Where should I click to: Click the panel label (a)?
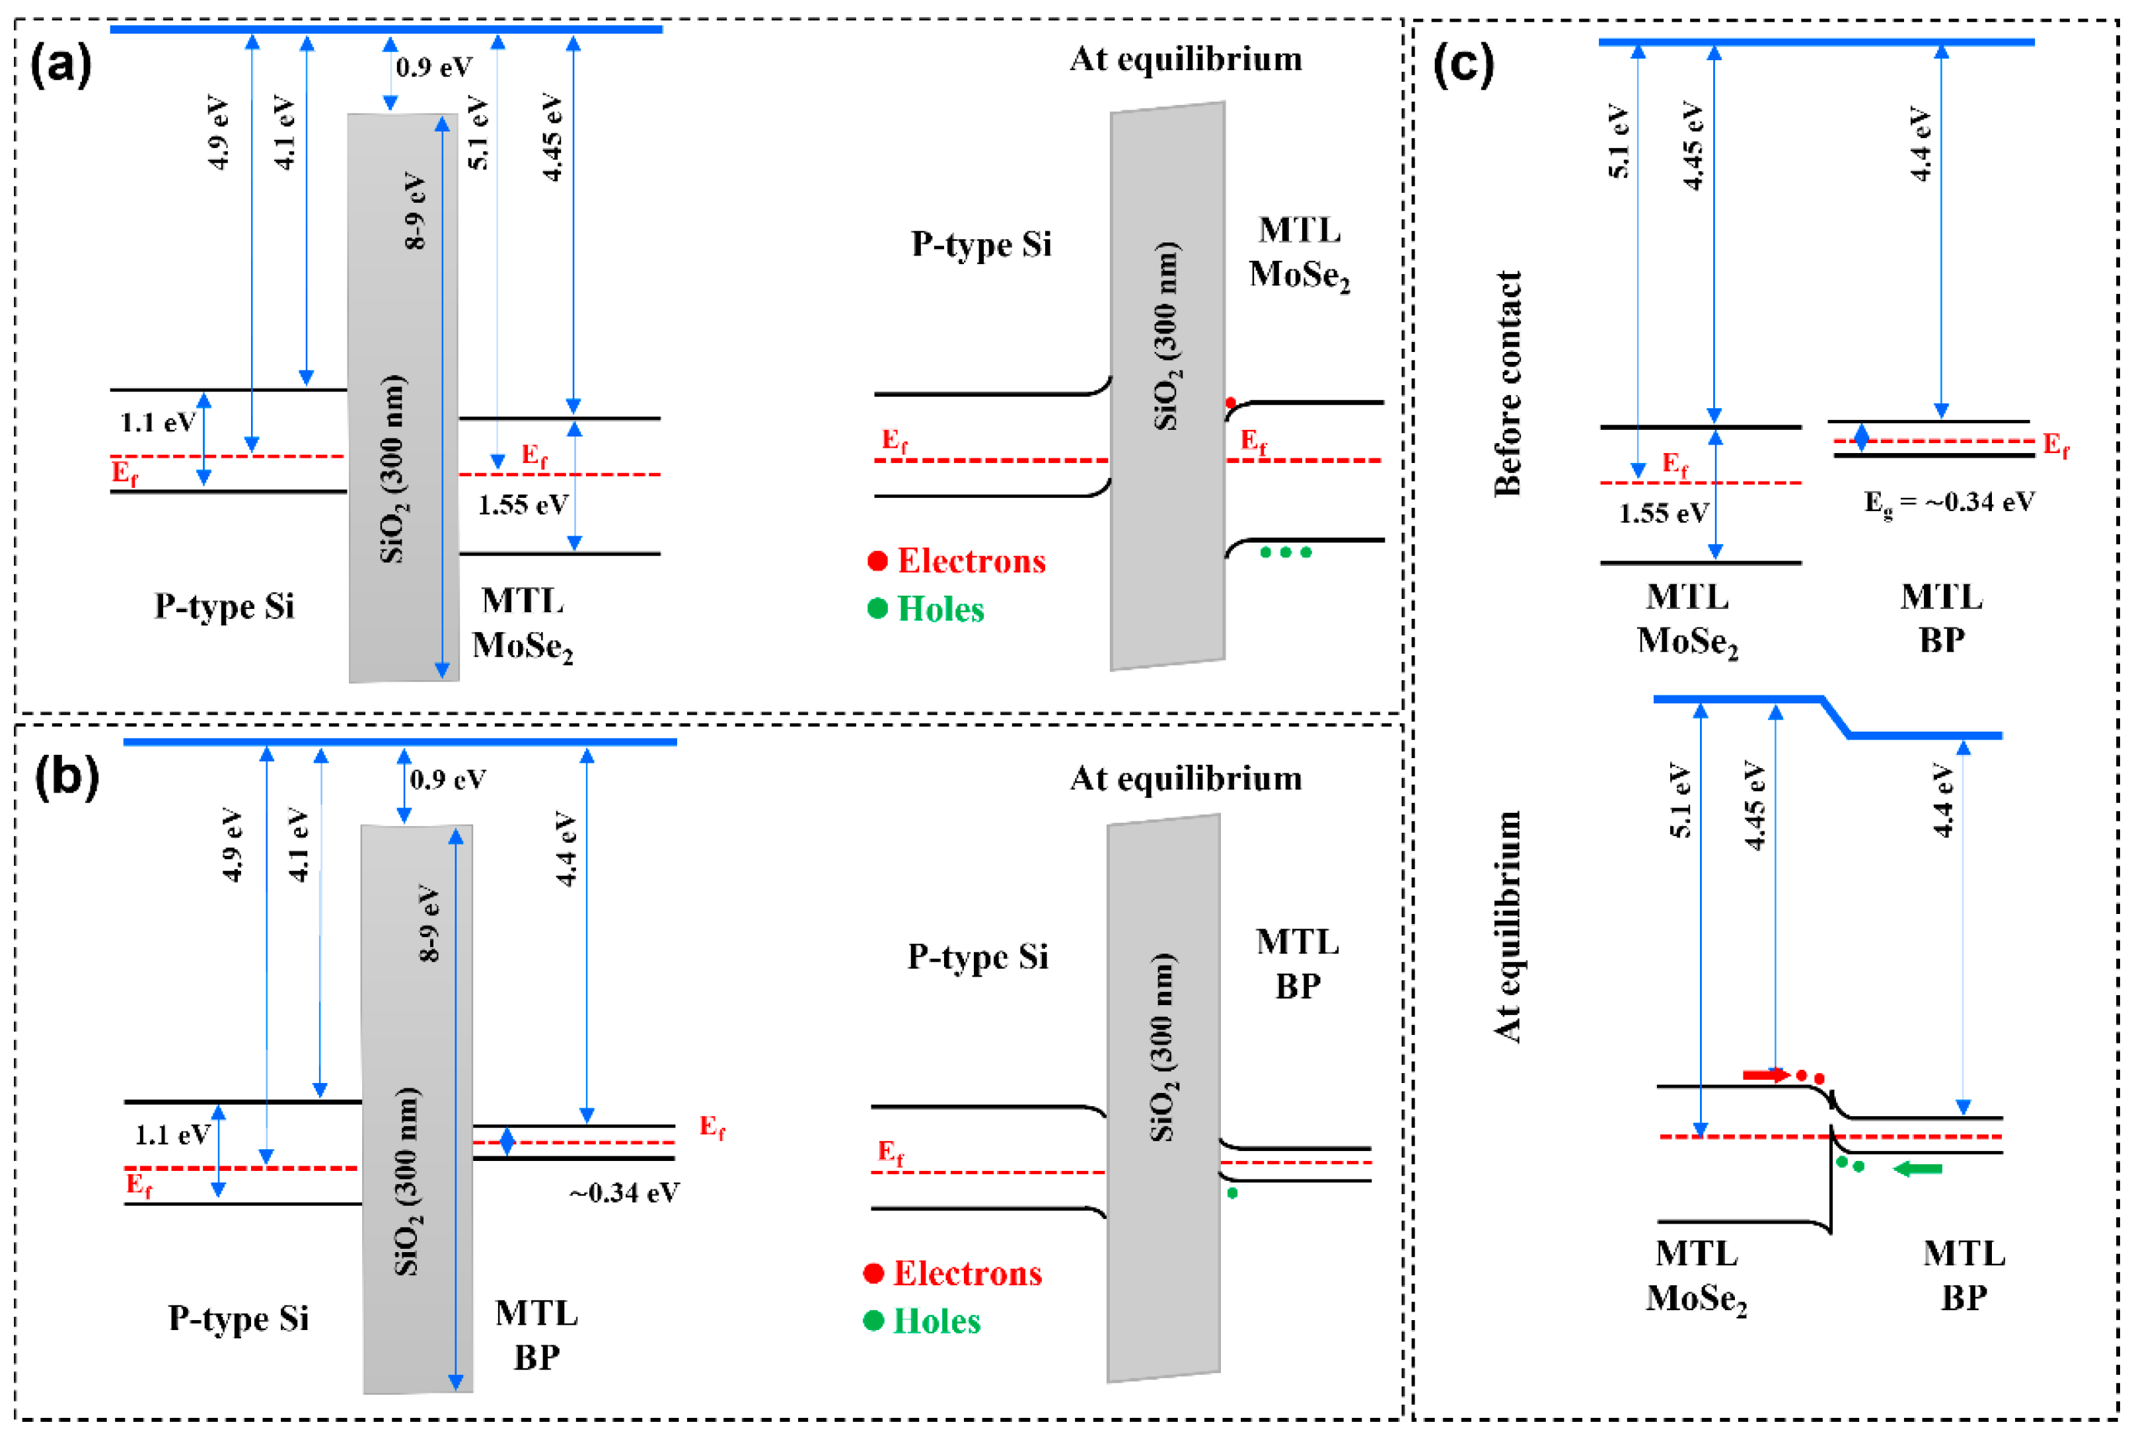pos(61,66)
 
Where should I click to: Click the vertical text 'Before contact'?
pos(1507,384)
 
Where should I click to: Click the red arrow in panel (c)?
pos(1765,1074)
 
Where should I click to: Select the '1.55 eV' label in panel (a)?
pos(523,505)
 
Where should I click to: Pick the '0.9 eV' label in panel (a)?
pos(434,67)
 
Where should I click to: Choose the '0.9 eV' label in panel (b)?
pos(448,779)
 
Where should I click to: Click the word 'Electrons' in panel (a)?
pos(971,561)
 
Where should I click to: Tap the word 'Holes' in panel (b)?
pos(937,1321)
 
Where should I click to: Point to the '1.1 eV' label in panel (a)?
pos(158,422)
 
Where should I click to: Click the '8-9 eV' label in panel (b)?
pos(428,923)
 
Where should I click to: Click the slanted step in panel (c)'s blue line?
pos(1835,717)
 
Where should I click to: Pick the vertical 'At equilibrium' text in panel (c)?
pos(1507,927)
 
